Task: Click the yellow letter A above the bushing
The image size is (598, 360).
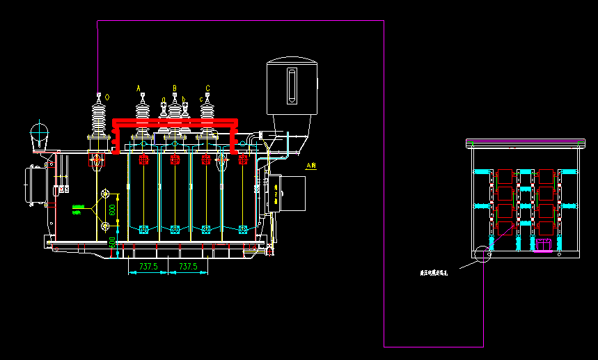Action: click(139, 87)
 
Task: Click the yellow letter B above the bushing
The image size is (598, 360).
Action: click(175, 88)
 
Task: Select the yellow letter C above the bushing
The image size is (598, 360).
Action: click(207, 88)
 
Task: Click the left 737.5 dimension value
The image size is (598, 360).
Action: click(148, 266)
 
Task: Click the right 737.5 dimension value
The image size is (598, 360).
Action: click(188, 266)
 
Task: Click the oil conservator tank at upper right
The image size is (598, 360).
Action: click(292, 86)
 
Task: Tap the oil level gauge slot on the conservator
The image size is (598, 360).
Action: click(292, 86)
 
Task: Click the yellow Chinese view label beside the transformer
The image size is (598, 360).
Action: click(311, 166)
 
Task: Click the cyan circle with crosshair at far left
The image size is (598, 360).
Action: click(40, 131)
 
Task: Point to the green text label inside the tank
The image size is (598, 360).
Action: click(81, 209)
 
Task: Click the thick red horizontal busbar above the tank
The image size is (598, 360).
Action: click(175, 123)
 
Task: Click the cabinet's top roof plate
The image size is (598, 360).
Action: click(524, 144)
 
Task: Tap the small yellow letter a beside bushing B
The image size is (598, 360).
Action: click(164, 100)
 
